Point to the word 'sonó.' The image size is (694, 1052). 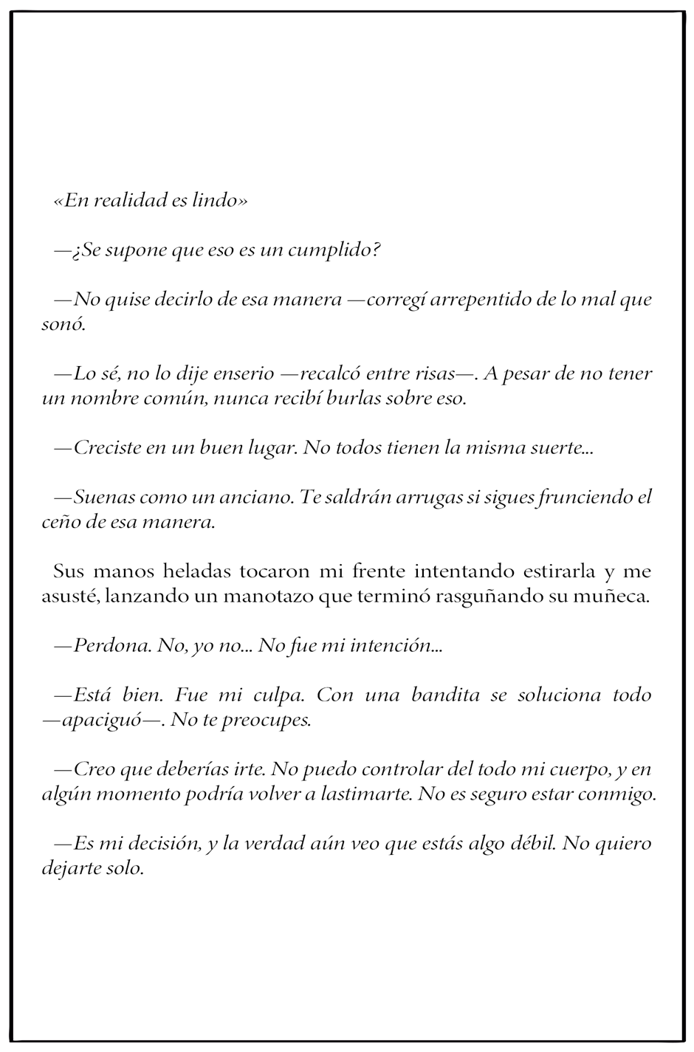click(x=64, y=325)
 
